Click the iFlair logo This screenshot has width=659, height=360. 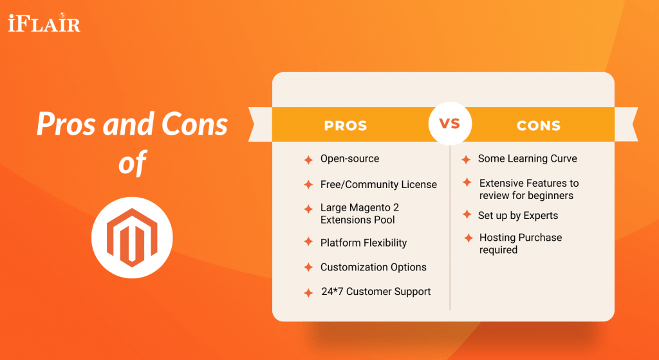(44, 24)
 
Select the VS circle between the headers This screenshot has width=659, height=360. (450, 123)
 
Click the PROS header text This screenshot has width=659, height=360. (346, 126)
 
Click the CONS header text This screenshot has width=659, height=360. (539, 126)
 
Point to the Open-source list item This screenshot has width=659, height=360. (349, 158)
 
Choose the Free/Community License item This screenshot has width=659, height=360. (378, 184)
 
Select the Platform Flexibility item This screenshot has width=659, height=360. (364, 243)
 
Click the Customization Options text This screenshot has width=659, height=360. (373, 267)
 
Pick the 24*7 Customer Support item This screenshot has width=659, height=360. (376, 292)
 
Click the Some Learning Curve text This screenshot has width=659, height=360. (527, 158)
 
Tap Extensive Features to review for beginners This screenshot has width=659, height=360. (528, 189)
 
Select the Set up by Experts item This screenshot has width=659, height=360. (518, 215)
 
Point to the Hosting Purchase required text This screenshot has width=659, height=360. (520, 243)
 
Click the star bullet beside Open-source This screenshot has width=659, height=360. (308, 160)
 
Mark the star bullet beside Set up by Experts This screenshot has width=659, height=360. (467, 215)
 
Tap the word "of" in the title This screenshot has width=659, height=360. (132, 163)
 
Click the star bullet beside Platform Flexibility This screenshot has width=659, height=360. (308, 243)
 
